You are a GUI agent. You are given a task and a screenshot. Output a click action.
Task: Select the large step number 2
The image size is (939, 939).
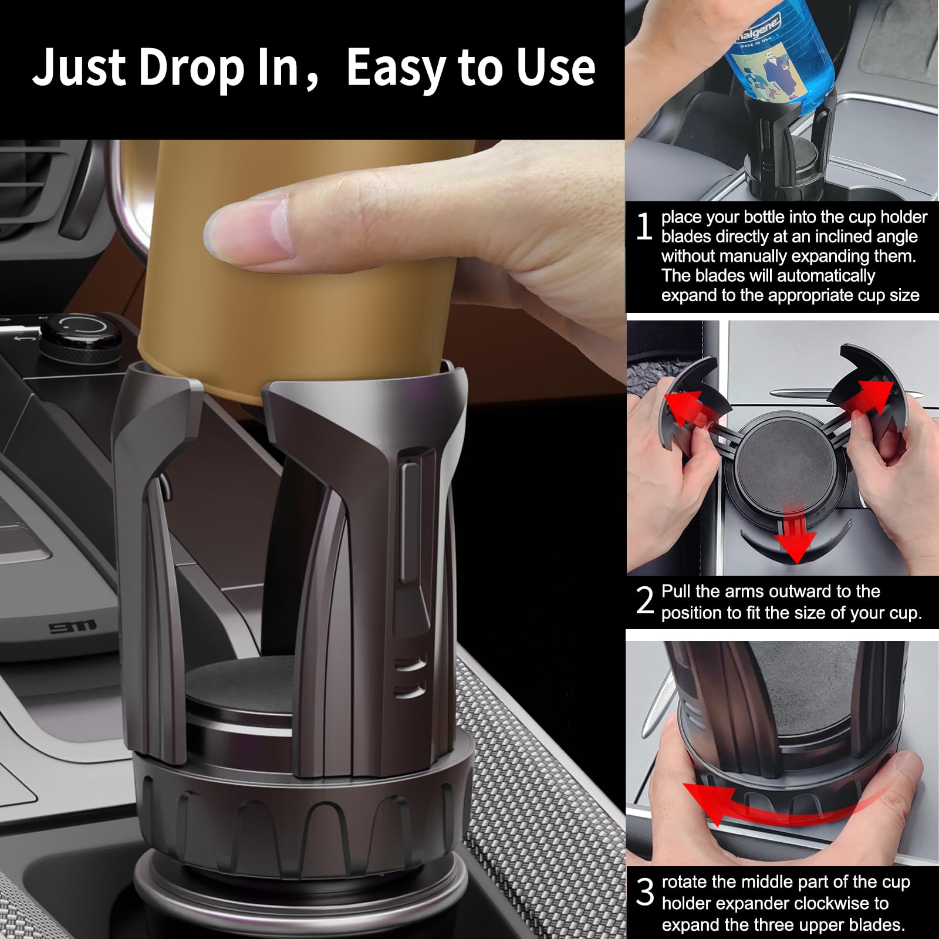(644, 600)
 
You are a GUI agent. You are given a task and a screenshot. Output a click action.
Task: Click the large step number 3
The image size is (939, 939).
(644, 893)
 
